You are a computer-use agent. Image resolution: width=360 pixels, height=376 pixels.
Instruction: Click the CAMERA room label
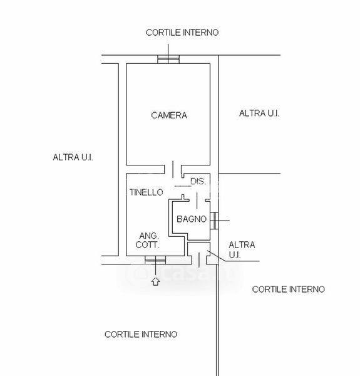pos(169,115)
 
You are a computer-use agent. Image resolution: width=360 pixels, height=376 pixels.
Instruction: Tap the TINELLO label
pos(147,192)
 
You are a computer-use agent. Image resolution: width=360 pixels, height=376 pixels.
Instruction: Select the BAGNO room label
pos(192,219)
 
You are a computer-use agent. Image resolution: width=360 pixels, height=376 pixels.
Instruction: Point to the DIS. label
pos(198,182)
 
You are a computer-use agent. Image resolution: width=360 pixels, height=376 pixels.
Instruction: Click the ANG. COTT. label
pos(147,240)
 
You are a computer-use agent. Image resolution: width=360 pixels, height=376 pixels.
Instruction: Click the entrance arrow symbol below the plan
pos(156,281)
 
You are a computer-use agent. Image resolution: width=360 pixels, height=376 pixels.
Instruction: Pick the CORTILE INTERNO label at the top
pos(182,33)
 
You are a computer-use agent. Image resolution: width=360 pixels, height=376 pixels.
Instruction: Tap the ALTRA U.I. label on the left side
pos(73,157)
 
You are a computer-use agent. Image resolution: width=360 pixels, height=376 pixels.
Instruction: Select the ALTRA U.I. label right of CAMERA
pos(259,113)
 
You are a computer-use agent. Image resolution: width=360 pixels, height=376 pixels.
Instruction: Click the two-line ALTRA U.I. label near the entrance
pos(242,249)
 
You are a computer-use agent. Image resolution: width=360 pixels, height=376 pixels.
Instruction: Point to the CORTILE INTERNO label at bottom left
pos(141,334)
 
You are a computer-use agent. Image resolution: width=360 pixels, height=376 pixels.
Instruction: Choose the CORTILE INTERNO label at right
pos(289,289)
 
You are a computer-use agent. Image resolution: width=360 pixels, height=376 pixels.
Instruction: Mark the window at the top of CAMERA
pos(168,60)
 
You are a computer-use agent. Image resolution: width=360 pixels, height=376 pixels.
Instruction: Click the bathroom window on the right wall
pos(214,221)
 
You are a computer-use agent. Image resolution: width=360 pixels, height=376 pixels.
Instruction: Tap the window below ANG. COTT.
pos(155,260)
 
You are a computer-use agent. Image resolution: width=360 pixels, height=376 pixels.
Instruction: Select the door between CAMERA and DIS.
pos(173,169)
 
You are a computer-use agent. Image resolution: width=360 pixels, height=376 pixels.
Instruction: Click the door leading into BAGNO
pos(197,201)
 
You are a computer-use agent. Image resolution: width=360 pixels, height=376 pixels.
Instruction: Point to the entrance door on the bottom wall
pos(199,259)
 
